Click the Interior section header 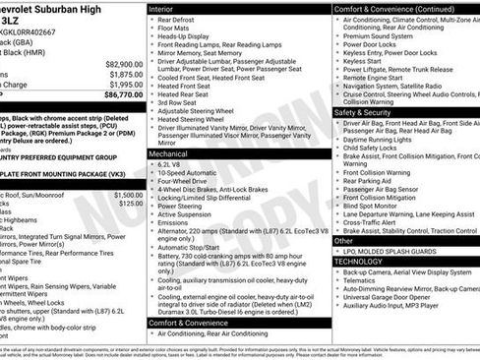pos(162,8)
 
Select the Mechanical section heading pos(169,154)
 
